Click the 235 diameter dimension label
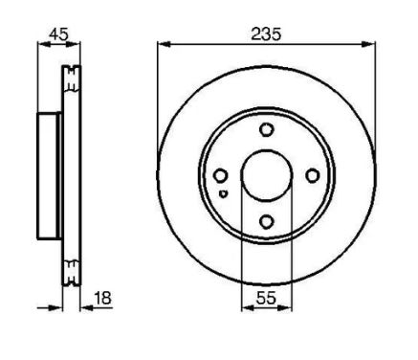point(266,34)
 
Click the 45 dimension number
point(58,34)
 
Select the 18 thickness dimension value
point(102,298)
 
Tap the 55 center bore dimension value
point(266,298)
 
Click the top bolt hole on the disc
point(266,129)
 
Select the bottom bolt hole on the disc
point(266,221)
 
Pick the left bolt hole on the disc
point(220,175)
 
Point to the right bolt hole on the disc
point(313,175)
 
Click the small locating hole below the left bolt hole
point(223,193)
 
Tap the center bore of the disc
point(267,175)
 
